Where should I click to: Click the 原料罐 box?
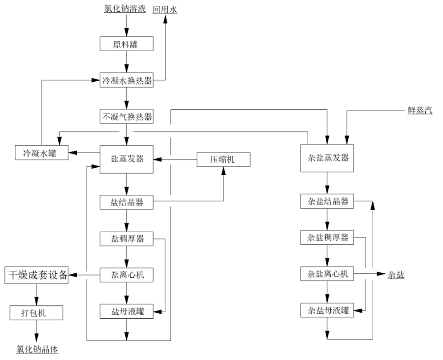127,44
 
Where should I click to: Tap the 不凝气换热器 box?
127,117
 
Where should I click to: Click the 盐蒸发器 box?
127,158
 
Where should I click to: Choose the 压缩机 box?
223,159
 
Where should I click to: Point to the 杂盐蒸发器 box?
327,158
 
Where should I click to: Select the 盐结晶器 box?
127,202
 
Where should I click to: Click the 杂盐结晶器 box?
327,201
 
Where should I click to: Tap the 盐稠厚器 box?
127,239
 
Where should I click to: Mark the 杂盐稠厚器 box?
327,238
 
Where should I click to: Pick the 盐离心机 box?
127,274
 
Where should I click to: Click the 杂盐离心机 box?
327,273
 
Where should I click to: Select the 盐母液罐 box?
127,311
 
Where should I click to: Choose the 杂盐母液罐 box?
327,310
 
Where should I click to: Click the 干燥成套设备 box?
37,275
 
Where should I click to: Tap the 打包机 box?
36,312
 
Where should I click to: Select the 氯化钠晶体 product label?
37,350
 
